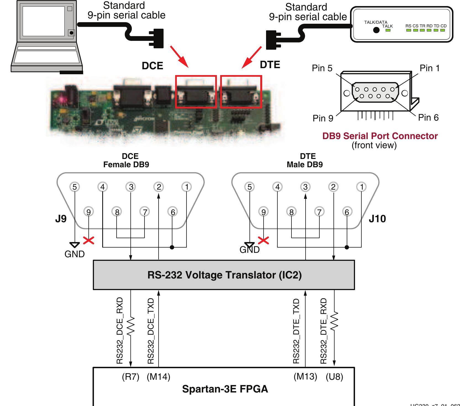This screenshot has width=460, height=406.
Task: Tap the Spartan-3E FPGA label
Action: point(225,389)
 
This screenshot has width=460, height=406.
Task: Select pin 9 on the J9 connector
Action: point(88,212)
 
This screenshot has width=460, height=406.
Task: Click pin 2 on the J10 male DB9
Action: point(333,187)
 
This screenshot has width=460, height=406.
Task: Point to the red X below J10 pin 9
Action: point(264,240)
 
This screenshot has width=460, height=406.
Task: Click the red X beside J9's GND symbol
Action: point(89,240)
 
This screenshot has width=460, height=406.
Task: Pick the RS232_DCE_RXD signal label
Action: point(120,331)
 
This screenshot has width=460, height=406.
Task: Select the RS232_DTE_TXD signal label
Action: point(296,331)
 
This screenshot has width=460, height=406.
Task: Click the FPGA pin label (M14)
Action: point(158,377)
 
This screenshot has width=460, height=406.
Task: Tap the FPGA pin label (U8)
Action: point(334,377)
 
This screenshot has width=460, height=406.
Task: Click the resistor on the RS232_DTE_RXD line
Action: point(334,321)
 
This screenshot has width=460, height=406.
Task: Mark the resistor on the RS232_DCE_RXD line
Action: point(131,326)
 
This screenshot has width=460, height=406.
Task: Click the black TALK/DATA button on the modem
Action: point(376,30)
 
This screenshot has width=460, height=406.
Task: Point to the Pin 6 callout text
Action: point(428,118)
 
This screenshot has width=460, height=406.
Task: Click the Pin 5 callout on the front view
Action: point(322,68)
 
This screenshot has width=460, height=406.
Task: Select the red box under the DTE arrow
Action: point(241,91)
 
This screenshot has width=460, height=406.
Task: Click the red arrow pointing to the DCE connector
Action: point(179,57)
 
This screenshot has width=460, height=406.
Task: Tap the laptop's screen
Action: point(44,21)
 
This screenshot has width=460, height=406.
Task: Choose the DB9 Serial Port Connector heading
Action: point(380,136)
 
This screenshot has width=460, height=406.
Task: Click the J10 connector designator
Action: point(377,219)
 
